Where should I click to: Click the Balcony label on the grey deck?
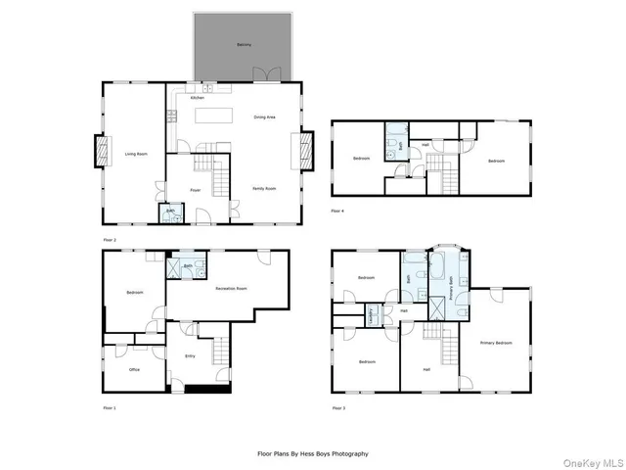click(244, 45)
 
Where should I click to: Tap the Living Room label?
click(135, 154)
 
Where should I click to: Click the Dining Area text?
click(264, 117)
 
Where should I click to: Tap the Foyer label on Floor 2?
click(195, 190)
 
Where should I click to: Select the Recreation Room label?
click(231, 289)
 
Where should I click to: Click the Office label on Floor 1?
click(135, 369)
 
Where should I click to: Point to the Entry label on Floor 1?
click(190, 355)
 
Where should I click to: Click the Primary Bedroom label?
click(496, 343)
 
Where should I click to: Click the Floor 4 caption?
click(337, 211)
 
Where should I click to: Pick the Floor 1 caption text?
click(109, 407)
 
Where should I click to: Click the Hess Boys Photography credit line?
click(312, 453)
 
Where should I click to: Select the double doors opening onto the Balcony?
click(270, 75)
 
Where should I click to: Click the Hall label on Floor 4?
click(425, 145)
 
